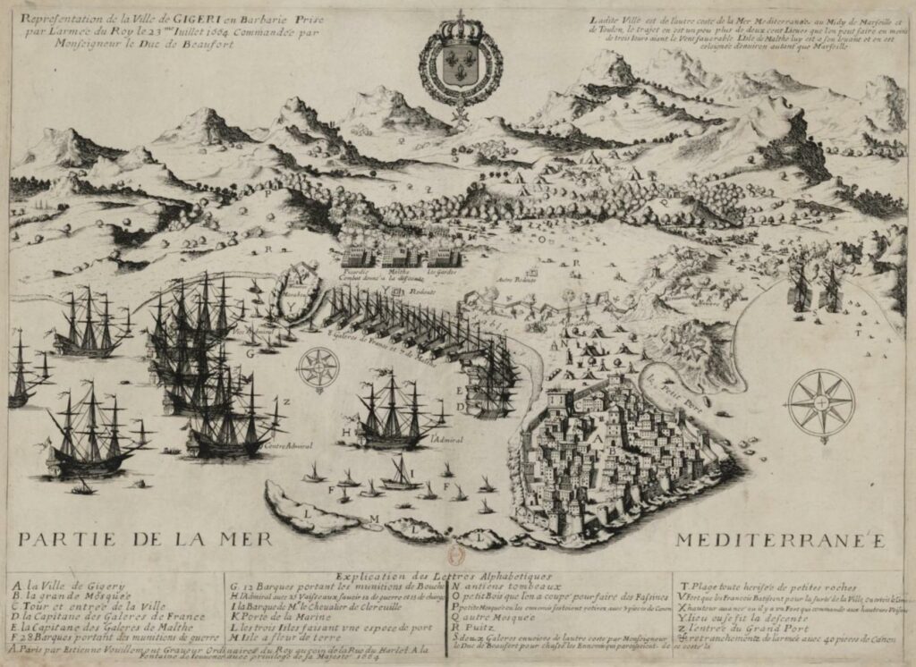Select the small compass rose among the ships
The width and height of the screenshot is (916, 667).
click(x=318, y=367)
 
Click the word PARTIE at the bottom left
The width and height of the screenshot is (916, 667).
click(x=63, y=540)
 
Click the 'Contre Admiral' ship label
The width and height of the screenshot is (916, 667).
click(x=285, y=447)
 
